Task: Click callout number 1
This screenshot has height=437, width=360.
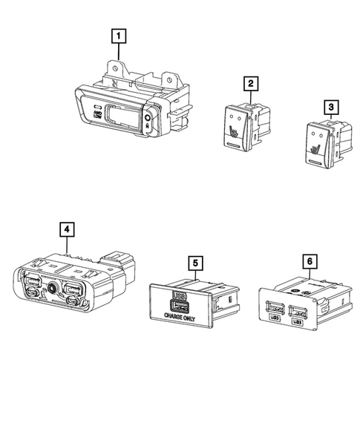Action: (x=117, y=34)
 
